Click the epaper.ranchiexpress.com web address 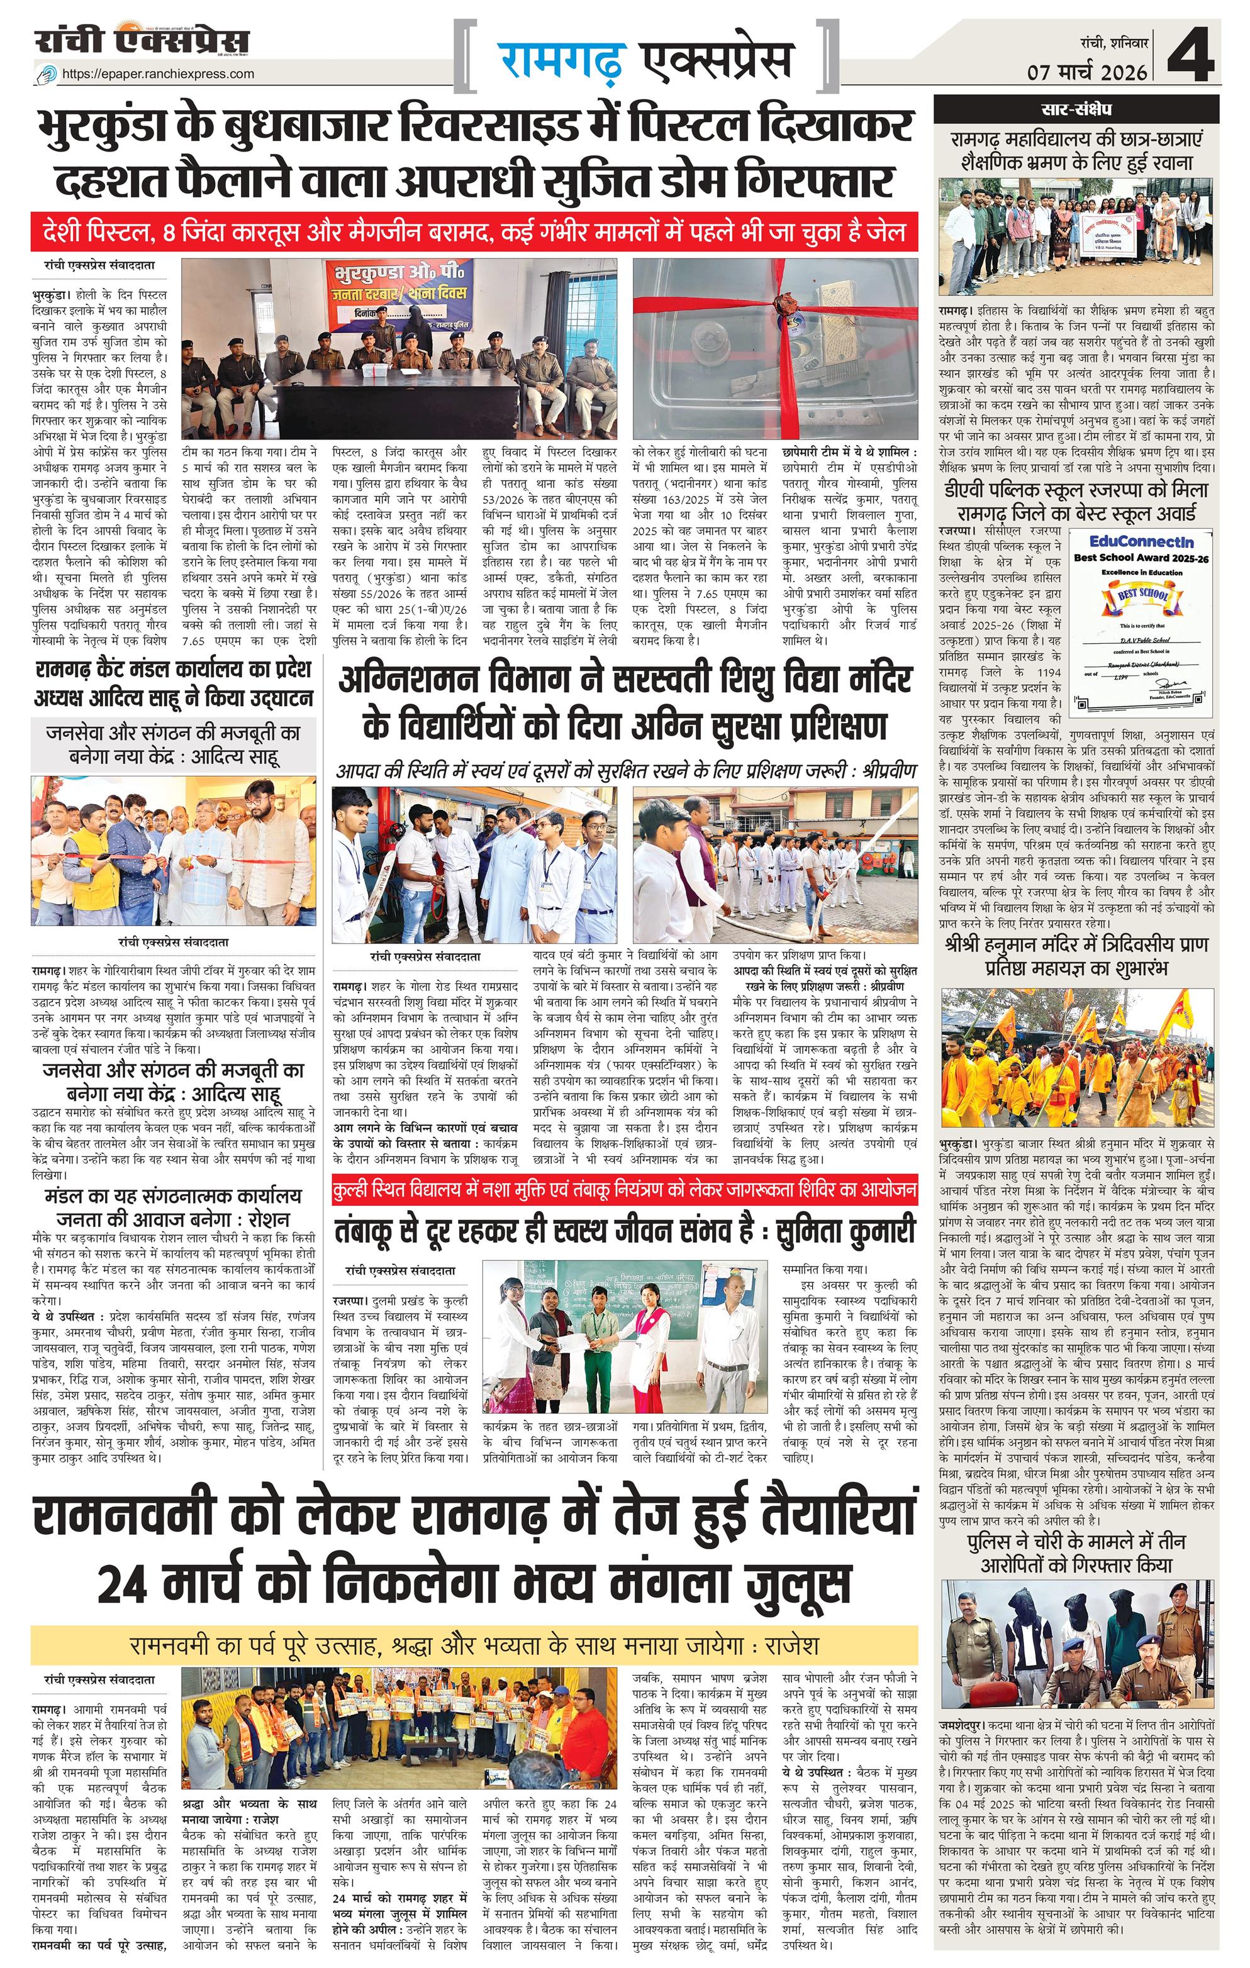pyautogui.click(x=158, y=74)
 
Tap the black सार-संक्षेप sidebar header pyautogui.click(x=1076, y=108)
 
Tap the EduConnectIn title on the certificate pyautogui.click(x=1141, y=542)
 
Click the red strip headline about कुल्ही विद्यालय pyautogui.click(x=625, y=1190)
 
